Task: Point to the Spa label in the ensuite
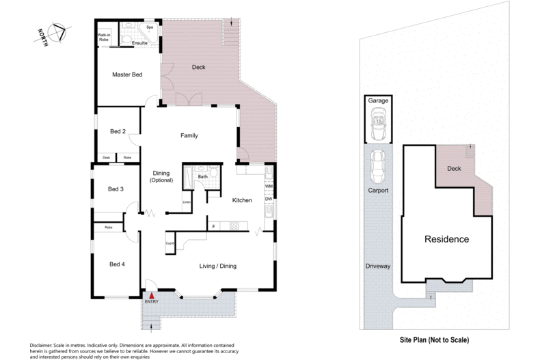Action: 150,27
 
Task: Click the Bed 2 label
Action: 118,131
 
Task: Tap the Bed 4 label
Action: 117,264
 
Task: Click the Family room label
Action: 189,135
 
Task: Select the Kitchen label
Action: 243,201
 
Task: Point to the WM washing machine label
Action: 269,186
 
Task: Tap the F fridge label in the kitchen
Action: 213,226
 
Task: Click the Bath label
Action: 202,177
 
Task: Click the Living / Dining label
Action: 217,266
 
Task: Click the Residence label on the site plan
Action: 447,239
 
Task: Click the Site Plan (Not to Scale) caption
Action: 434,340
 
